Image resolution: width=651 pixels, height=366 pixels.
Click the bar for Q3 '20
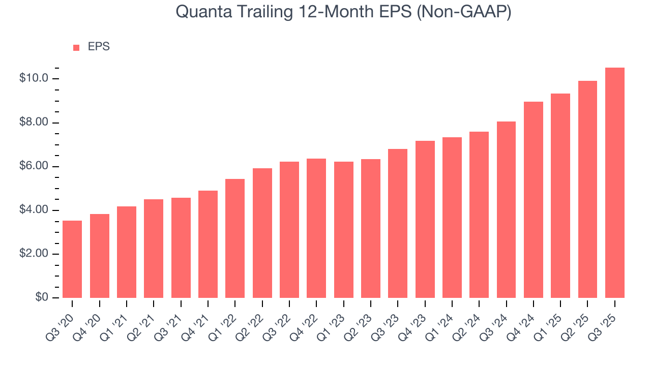pos(72,259)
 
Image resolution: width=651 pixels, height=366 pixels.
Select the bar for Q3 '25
pos(615,183)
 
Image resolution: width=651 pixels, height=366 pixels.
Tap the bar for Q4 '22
pos(316,228)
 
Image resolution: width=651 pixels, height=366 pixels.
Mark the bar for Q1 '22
pos(235,238)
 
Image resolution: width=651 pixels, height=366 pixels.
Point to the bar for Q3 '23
pos(398,224)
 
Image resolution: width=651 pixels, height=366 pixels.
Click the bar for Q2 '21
pos(154,249)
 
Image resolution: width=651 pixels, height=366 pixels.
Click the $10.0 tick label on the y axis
pos(34,79)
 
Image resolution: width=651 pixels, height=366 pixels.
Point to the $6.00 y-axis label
pos(34,167)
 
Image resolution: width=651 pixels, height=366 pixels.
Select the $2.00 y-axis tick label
pos(34,254)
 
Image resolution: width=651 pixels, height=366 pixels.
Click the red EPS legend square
pos(76,48)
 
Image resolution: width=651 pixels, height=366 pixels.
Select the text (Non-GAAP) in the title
pos(464,12)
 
